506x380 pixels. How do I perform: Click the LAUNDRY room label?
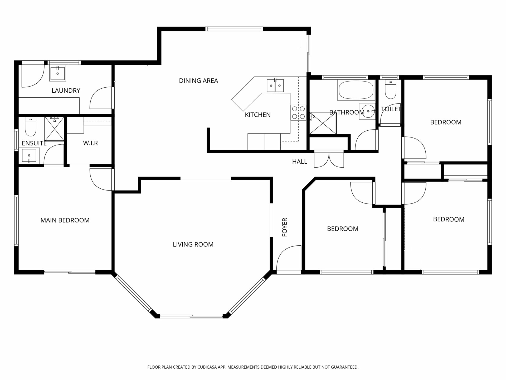(x=66, y=91)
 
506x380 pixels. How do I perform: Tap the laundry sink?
(x=57, y=73)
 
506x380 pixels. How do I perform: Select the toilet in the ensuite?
(x=31, y=127)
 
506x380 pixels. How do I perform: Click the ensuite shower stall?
(x=54, y=129)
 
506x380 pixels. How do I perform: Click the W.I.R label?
(x=90, y=143)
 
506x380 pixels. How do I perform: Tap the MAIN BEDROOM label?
(x=65, y=220)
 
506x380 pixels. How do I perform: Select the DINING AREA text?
(x=198, y=81)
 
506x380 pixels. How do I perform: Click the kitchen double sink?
(x=275, y=85)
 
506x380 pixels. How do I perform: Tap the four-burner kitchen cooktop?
(x=298, y=113)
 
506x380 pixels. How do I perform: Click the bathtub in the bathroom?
(x=356, y=90)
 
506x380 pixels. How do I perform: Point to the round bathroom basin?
(x=368, y=111)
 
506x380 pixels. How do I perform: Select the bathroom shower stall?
(x=323, y=123)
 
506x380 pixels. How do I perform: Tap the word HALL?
(x=300, y=162)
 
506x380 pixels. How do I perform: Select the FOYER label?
(x=285, y=227)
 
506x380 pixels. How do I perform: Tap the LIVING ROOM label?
(x=193, y=245)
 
